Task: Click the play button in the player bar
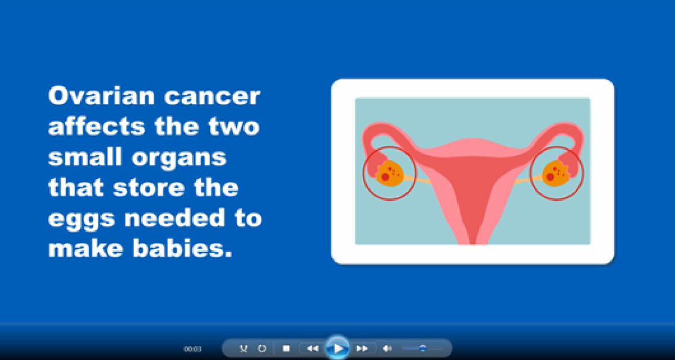click(x=337, y=348)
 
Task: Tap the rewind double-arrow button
click(x=312, y=348)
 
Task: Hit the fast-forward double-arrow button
click(x=362, y=348)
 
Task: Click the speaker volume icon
click(x=387, y=348)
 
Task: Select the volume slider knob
click(x=422, y=348)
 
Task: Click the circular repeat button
click(x=262, y=348)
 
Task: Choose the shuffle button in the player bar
click(x=243, y=348)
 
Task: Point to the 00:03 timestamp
click(x=192, y=349)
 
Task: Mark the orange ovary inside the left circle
click(x=388, y=173)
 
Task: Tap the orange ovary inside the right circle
click(x=556, y=173)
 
